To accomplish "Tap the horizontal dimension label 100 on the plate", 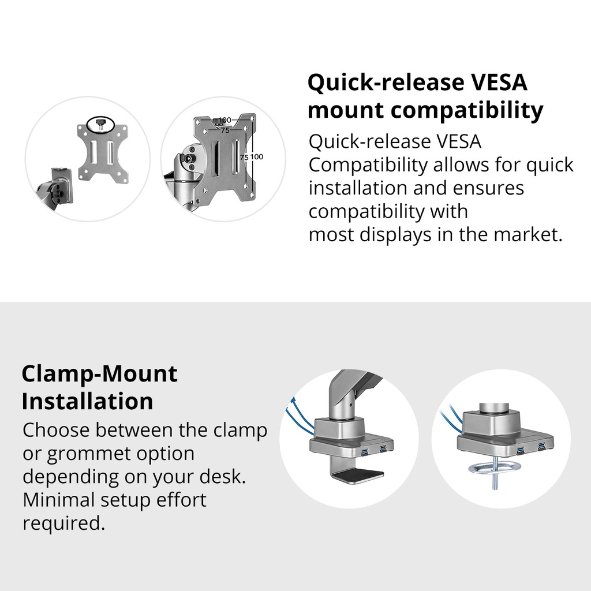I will click(225, 120).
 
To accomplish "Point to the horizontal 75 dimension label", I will click(225, 130).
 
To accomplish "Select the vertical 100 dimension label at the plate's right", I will click(256, 156).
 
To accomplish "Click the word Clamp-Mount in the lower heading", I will click(99, 373).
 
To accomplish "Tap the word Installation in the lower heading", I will click(88, 401).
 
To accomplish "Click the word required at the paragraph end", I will click(63, 523).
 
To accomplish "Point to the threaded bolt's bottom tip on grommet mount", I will click(495, 488).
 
